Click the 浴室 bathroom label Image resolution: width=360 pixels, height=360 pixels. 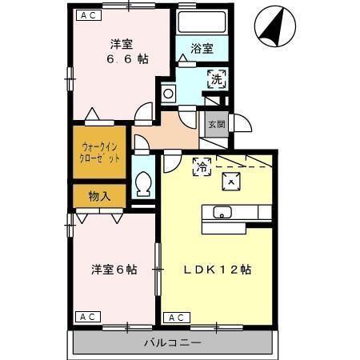pyautogui.click(x=202, y=49)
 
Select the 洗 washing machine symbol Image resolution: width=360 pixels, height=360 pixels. pyautogui.click(x=217, y=78)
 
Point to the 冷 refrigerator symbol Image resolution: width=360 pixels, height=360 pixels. pyautogui.click(x=202, y=166)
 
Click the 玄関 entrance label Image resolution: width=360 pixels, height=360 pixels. pyautogui.click(x=216, y=125)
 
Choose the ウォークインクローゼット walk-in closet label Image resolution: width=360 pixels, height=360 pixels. pyautogui.click(x=100, y=151)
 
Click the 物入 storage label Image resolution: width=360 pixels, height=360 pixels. pyautogui.click(x=100, y=194)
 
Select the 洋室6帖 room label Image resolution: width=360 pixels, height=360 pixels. pyautogui.click(x=113, y=270)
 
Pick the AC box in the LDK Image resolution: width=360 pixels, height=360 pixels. pyautogui.click(x=173, y=318)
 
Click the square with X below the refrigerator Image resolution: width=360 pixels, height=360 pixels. pyautogui.click(x=231, y=182)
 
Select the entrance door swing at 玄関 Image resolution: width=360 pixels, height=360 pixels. pyautogui.click(x=240, y=126)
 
